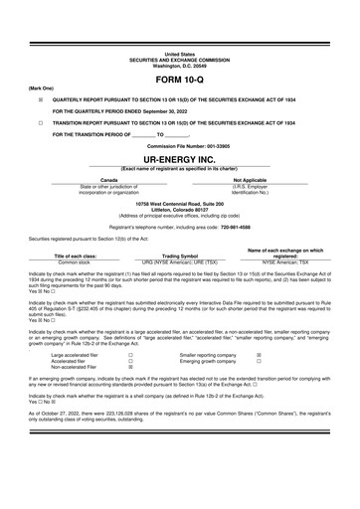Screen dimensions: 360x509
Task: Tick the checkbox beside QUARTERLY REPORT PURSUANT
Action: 40,101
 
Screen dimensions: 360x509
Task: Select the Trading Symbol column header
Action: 181,255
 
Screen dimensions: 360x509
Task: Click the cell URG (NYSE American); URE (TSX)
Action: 181,262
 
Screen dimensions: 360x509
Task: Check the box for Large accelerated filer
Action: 130,354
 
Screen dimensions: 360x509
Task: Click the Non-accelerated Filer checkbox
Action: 130,367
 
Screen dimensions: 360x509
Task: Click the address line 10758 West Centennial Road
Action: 180,202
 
